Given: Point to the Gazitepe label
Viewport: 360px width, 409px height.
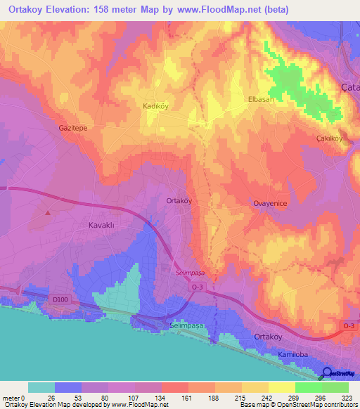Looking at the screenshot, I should click(72, 129).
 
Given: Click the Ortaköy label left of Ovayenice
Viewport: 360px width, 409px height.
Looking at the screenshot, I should click(179, 200).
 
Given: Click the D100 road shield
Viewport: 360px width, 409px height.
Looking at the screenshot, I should click(61, 300).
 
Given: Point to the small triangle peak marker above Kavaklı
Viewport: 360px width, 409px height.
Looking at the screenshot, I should click(48, 212).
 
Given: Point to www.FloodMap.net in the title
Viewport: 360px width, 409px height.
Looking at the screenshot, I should click(223, 11).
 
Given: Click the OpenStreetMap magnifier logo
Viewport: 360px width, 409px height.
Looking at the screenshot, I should click(328, 372).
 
